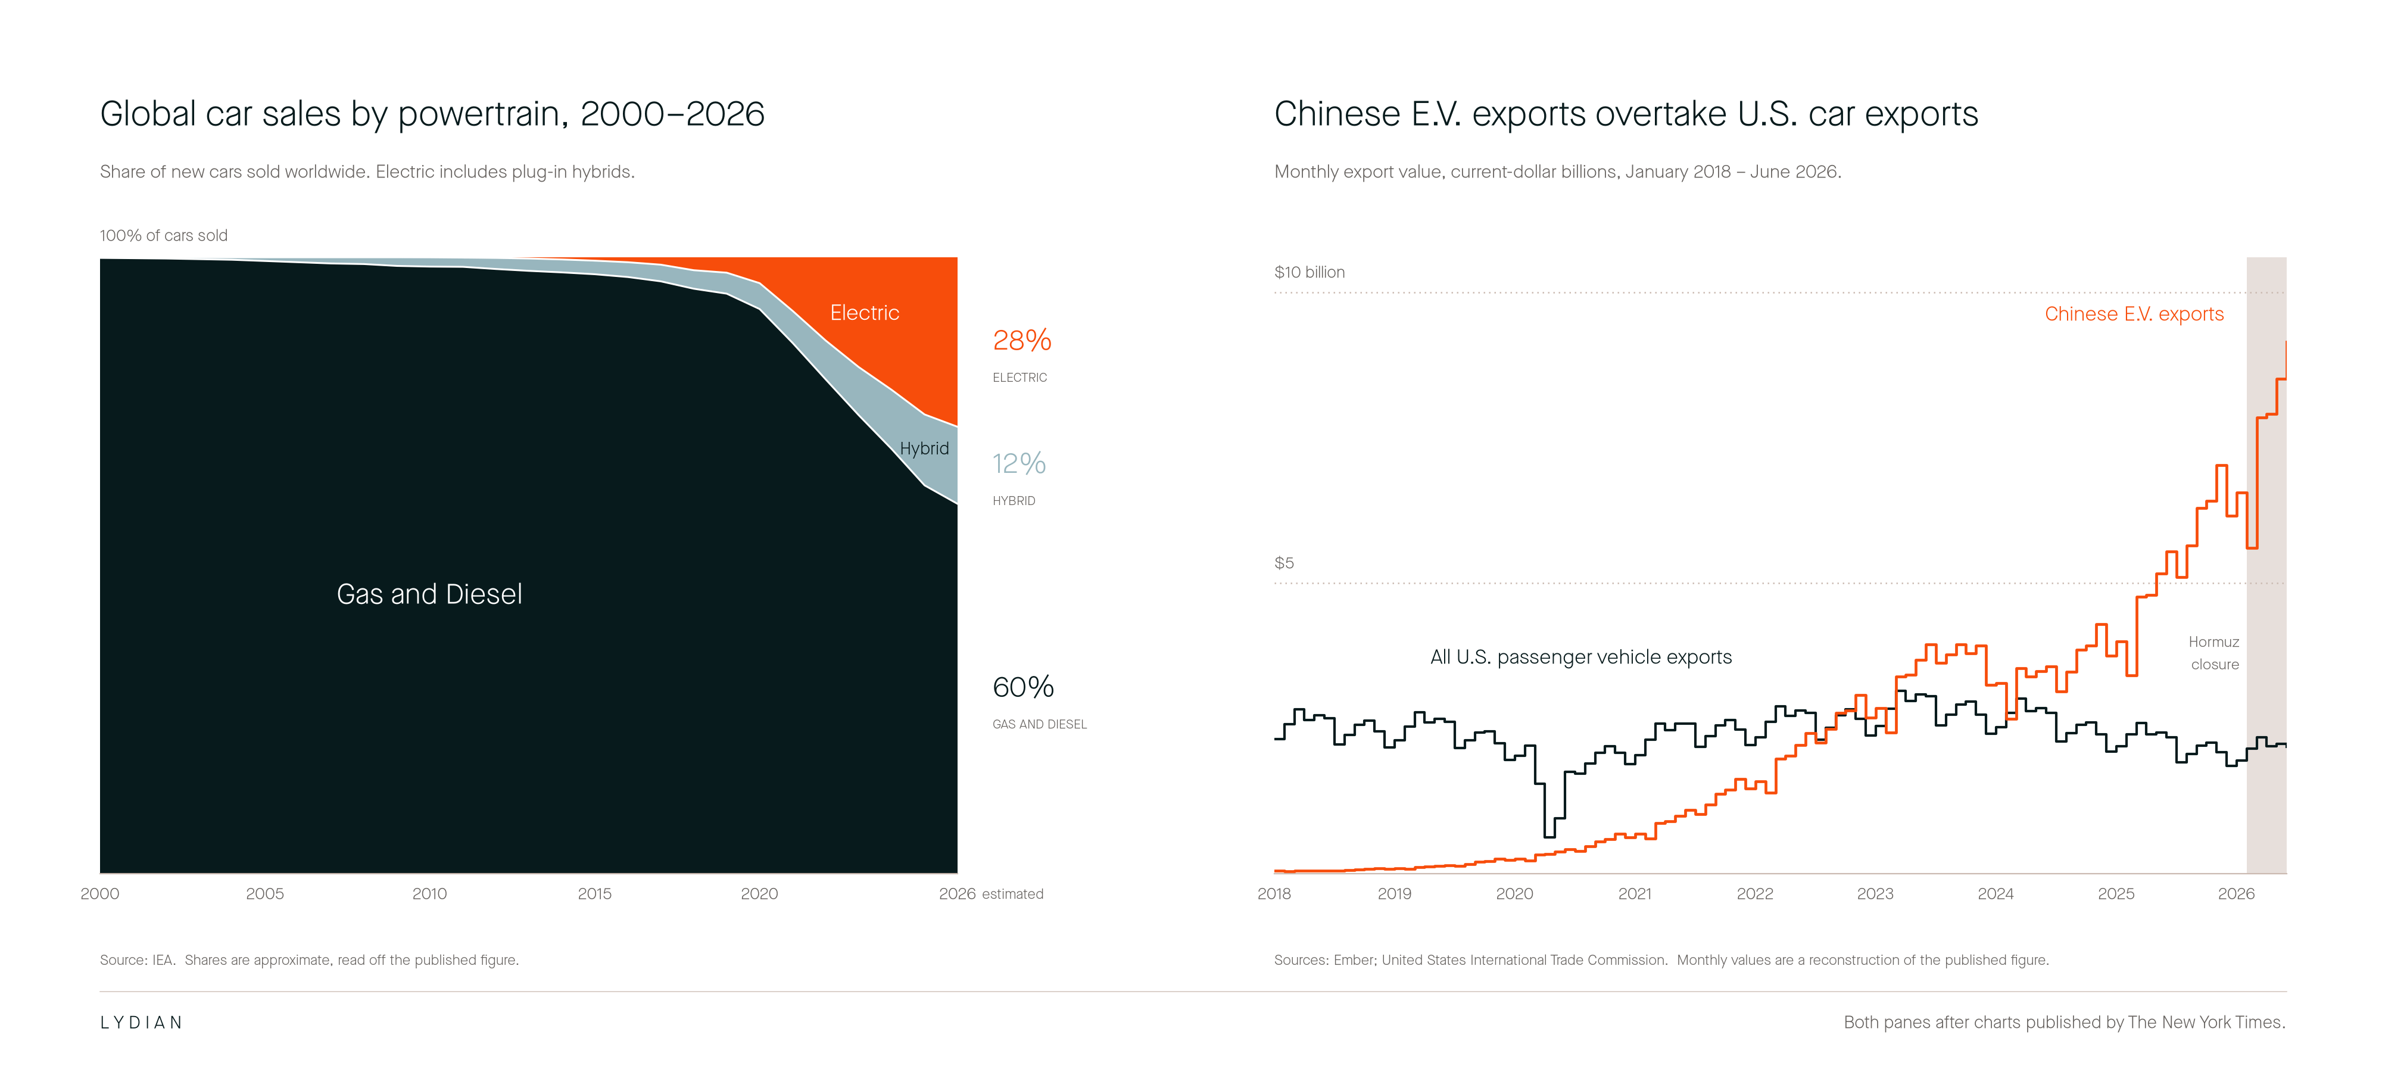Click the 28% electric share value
click(1022, 341)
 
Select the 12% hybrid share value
click(1019, 463)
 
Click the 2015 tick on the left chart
click(594, 893)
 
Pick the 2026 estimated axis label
click(990, 893)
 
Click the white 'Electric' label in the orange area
click(865, 313)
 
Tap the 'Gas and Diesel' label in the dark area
click(429, 594)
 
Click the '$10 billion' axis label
click(1310, 272)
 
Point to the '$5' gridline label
click(1284, 562)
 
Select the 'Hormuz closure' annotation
click(2213, 653)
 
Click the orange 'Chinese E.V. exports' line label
click(2134, 313)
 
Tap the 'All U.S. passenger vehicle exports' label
click(1581, 657)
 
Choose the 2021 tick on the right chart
click(1635, 893)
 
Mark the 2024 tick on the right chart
click(1996, 893)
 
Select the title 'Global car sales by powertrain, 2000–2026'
click(432, 114)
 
